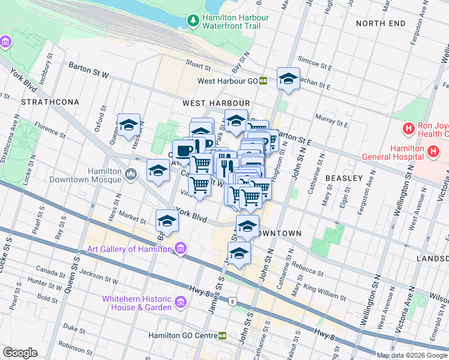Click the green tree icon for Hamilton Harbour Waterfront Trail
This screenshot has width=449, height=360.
193,22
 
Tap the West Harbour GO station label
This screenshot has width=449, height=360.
228,80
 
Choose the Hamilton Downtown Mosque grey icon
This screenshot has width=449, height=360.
132,175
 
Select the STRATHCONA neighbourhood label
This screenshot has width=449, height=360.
50,102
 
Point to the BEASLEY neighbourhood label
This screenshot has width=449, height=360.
343,178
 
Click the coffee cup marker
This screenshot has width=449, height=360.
183,149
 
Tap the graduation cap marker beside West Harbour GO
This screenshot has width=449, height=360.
288,79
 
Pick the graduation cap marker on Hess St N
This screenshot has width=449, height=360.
128,125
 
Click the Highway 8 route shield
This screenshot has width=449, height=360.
231,301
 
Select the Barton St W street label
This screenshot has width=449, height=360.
88,70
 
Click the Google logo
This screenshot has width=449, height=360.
20,353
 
